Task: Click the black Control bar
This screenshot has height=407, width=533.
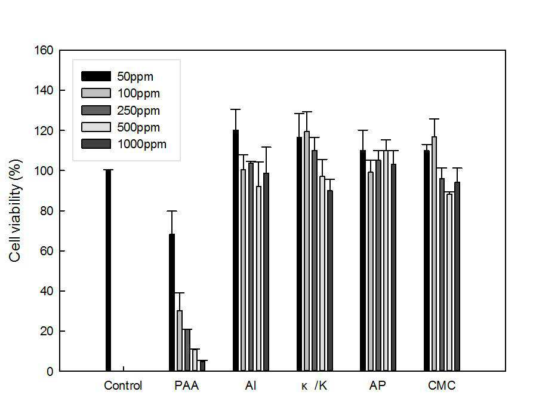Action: pos(108,270)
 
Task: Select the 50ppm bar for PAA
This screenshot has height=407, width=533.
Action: pos(172,302)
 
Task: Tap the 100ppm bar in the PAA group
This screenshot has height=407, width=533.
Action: pos(180,340)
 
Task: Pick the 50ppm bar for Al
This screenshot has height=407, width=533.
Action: pos(236,250)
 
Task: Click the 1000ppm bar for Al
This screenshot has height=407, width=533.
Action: pos(266,272)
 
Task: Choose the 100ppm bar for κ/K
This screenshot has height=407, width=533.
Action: pos(307,251)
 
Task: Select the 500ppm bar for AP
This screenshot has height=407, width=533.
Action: pos(386,261)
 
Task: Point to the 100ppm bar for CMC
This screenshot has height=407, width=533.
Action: pos(434,253)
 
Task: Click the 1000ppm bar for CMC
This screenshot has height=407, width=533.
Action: pos(457,276)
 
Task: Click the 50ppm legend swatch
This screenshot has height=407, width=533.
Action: pos(96,76)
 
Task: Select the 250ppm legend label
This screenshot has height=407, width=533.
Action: pos(138,111)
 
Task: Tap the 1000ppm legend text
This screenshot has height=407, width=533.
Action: pos(141,144)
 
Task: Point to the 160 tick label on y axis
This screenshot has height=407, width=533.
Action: pos(44,50)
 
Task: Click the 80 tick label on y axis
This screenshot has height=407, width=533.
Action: pos(47,211)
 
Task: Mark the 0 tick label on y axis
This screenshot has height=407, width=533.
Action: pos(50,371)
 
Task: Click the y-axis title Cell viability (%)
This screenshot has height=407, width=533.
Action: pos(15,210)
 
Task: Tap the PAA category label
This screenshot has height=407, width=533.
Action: pos(186,385)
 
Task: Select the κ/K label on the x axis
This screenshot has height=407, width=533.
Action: pos(314,385)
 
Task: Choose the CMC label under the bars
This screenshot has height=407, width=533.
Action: pos(442,385)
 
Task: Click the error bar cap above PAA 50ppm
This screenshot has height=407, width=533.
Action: pos(172,211)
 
